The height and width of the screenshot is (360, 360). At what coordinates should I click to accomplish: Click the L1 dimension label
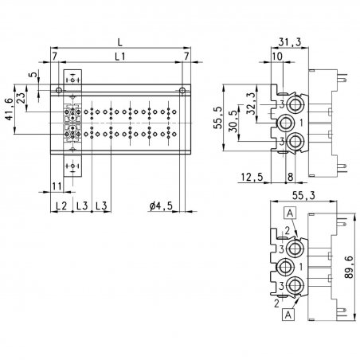pos(119,57)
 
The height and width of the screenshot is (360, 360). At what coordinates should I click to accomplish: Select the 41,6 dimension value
pos(9,109)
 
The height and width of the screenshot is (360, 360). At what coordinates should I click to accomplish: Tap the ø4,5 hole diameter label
pos(161,205)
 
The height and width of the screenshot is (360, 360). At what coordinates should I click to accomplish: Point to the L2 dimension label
pos(61,205)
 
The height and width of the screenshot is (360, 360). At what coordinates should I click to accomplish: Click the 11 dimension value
pos(57,186)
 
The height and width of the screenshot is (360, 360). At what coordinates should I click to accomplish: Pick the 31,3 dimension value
pos(290,42)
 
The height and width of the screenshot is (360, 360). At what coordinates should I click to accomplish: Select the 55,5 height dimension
pos(218,118)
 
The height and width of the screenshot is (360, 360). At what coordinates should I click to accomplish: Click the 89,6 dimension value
pos(349,267)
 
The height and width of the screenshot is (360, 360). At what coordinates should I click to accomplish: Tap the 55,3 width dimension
pos(303,195)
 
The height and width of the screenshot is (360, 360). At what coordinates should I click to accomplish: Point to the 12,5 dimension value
pos(252,177)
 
